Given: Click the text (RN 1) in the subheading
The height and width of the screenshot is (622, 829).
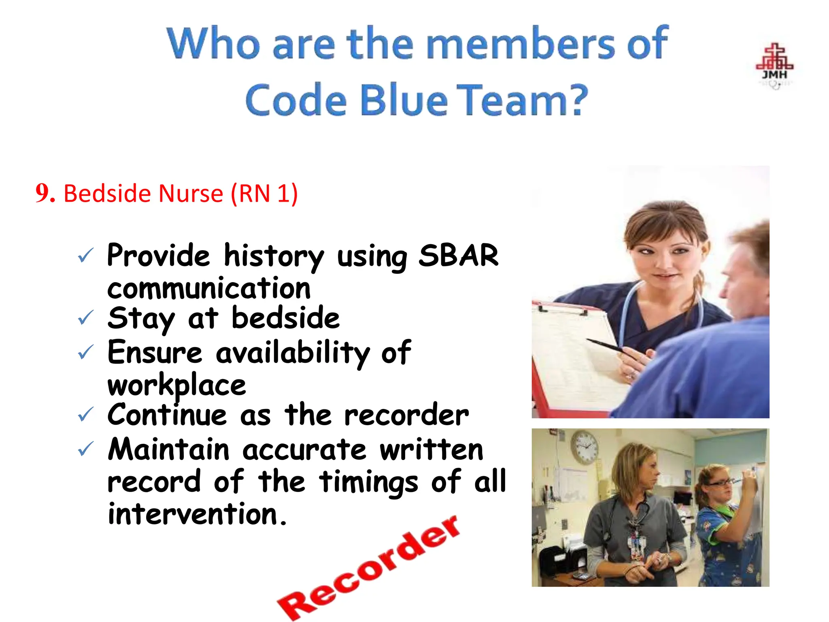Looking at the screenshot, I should click(264, 194).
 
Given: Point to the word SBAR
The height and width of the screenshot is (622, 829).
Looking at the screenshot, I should click(458, 256).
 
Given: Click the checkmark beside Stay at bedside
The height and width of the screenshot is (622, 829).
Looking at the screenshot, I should click(86, 318).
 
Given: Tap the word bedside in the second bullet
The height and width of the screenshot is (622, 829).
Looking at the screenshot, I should click(285, 318).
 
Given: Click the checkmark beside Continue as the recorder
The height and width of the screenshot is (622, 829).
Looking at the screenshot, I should click(86, 414).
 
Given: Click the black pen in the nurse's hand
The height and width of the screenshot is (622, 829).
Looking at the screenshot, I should click(607, 346).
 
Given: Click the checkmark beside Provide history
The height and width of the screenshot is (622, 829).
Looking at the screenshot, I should click(86, 256).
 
